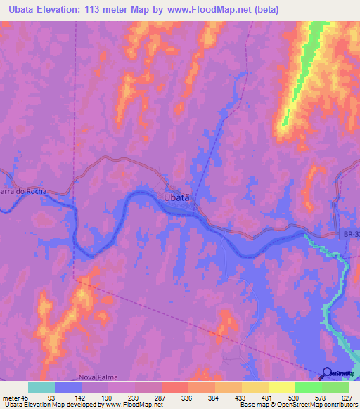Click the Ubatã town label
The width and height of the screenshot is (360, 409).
pos(176,198)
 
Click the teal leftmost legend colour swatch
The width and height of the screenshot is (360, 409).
pos(41,387)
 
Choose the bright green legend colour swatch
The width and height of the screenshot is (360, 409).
pos(309,387)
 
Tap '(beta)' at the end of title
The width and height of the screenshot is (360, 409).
pos(269,10)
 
